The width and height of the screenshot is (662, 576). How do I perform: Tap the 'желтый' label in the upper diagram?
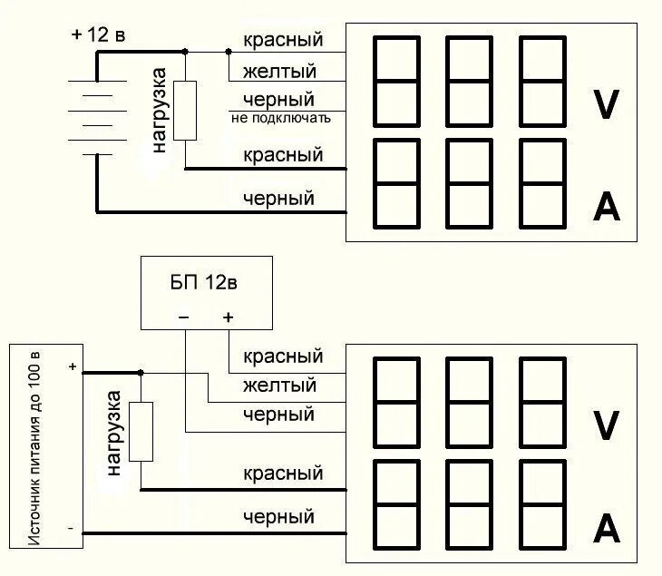point(279,70)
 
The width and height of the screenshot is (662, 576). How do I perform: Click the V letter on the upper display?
point(605,105)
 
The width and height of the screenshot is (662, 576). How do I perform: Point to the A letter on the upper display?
point(605,208)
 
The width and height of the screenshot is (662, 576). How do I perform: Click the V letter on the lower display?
point(605,424)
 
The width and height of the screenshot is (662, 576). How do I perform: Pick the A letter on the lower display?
point(605,527)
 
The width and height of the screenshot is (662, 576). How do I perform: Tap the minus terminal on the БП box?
point(183,317)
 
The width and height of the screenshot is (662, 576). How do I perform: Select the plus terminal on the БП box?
point(228,317)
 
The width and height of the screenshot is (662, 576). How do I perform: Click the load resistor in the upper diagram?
point(185,110)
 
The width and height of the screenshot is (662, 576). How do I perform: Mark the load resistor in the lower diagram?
point(141,430)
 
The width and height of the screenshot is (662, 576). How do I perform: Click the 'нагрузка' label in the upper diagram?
point(159,110)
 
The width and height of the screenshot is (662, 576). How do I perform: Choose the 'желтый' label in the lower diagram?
point(278,386)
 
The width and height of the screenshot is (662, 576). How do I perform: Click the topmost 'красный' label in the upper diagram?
point(283,41)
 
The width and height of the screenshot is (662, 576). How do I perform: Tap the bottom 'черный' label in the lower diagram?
point(278,518)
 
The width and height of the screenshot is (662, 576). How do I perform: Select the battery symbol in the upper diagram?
point(96,117)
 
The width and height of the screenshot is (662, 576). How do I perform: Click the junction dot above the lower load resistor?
point(141,372)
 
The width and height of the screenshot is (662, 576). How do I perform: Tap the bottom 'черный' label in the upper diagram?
point(278,198)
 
